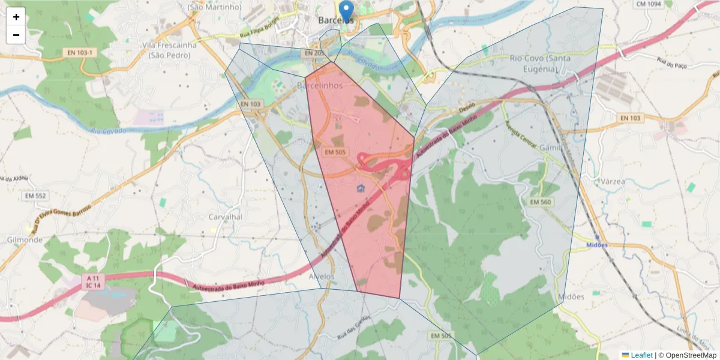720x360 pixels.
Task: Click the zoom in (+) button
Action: pyautogui.click(x=16, y=17)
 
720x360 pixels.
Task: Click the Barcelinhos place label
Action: pyautogui.click(x=320, y=86)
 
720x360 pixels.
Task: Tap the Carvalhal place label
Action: pyautogui.click(x=224, y=217)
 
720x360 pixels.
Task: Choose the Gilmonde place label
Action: pyautogui.click(x=25, y=239)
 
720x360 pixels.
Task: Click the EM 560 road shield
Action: pyautogui.click(x=540, y=202)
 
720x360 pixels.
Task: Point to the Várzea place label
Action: pyautogui.click(x=612, y=181)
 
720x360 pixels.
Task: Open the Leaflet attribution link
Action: pyautogui.click(x=641, y=355)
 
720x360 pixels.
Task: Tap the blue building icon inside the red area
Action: pyautogui.click(x=360, y=190)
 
